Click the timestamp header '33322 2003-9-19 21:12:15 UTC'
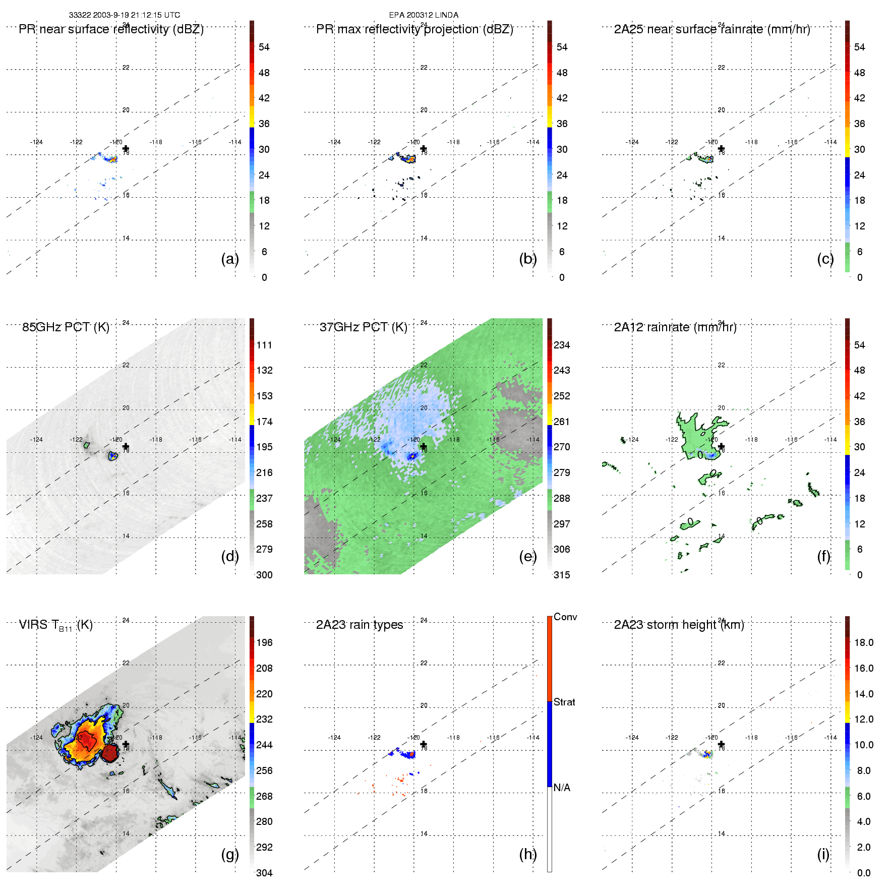tap(124, 15)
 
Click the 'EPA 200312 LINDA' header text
tap(424, 15)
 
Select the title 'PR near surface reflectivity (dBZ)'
tap(111, 29)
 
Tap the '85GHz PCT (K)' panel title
tap(66, 327)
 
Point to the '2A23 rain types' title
tap(360, 625)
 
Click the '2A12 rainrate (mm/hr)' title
tap(675, 327)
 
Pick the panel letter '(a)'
tap(229, 259)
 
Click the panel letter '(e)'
tap(527, 556)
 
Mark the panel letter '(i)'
tap(823, 854)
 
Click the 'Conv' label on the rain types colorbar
tap(565, 617)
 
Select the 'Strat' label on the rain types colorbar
tap(564, 702)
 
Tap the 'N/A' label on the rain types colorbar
tap(562, 788)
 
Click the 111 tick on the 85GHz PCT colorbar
tap(264, 345)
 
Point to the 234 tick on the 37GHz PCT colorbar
tap(562, 345)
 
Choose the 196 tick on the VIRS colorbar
tap(264, 642)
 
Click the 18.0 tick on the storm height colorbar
tap(863, 642)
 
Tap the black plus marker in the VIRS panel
tap(126, 744)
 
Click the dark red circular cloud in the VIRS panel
tap(110, 754)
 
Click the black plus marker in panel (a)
tap(126, 149)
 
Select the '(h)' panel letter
tap(527, 854)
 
